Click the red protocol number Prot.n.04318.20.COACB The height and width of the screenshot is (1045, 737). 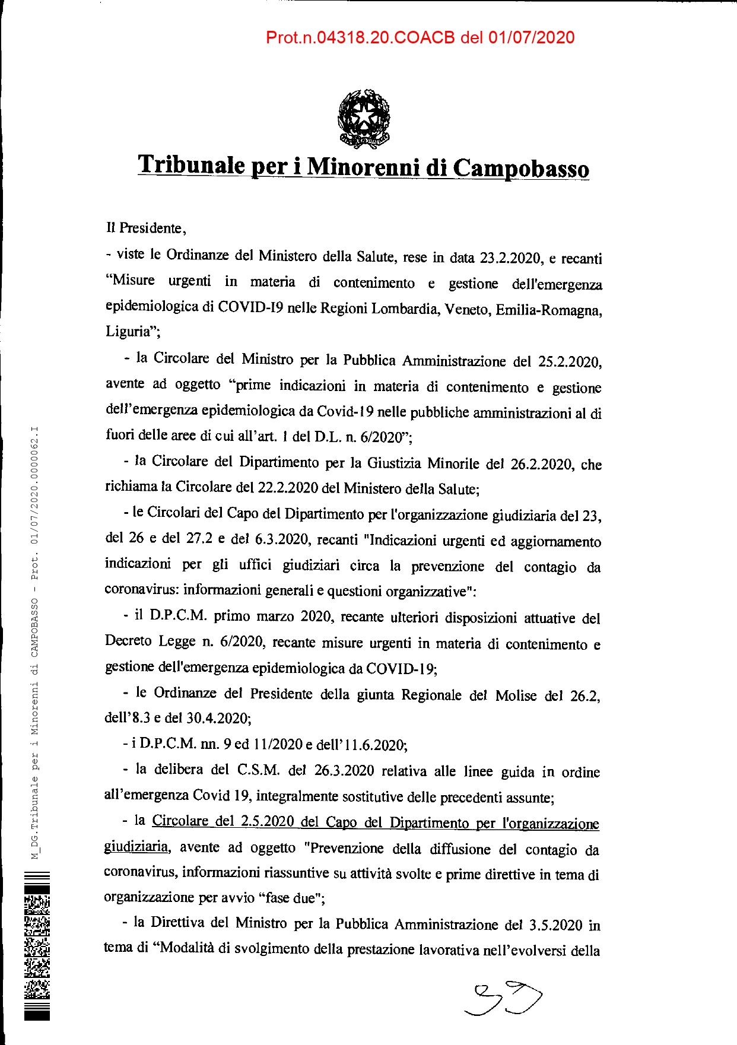click(x=360, y=38)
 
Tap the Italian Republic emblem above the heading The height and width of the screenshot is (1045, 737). click(x=363, y=118)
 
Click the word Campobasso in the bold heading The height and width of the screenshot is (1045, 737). click(x=521, y=169)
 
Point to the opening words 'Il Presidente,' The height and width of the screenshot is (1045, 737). click(x=146, y=228)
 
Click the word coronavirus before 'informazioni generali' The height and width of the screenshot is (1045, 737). click(x=141, y=590)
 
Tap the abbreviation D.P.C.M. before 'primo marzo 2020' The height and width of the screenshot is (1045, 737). click(x=178, y=615)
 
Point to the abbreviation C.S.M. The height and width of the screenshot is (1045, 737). click(x=258, y=770)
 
